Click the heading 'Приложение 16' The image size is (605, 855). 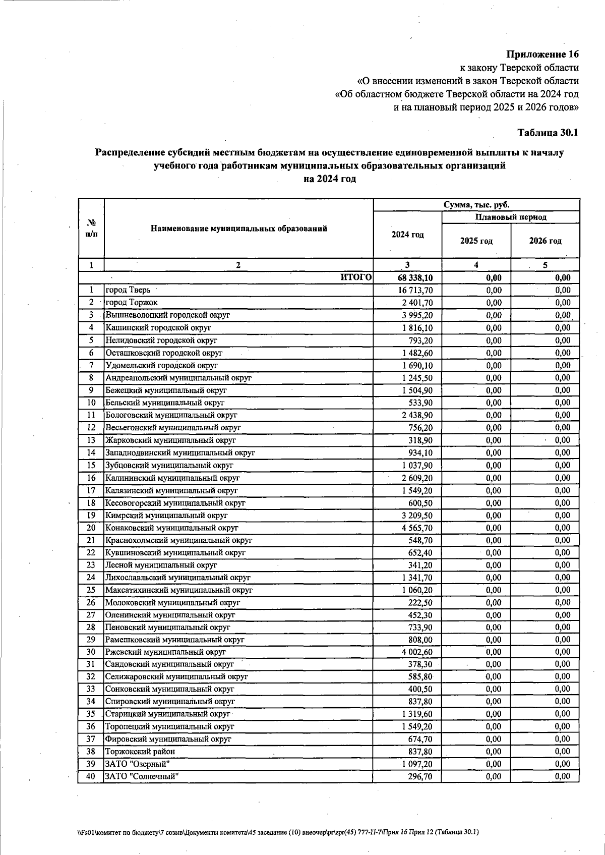pyautogui.click(x=542, y=54)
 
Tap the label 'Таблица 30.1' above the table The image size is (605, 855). pyautogui.click(x=548, y=133)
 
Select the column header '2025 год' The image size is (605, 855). pyautogui.click(x=476, y=241)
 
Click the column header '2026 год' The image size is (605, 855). pyautogui.click(x=545, y=241)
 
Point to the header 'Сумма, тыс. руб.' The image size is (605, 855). pyautogui.click(x=476, y=205)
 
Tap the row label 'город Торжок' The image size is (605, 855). pyautogui.click(x=131, y=303)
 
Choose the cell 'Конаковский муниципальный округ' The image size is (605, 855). pyautogui.click(x=171, y=528)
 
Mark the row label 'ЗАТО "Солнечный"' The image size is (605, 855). pyautogui.click(x=142, y=776)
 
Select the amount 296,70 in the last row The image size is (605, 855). pyautogui.click(x=420, y=777)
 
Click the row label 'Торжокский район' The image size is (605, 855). pyautogui.click(x=140, y=752)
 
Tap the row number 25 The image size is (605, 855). pyautogui.click(x=91, y=590)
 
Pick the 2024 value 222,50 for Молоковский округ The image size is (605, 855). pyautogui.click(x=420, y=603)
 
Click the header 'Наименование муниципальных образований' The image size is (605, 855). pyautogui.click(x=238, y=229)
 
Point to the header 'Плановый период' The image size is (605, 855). pyautogui.click(x=511, y=217)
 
